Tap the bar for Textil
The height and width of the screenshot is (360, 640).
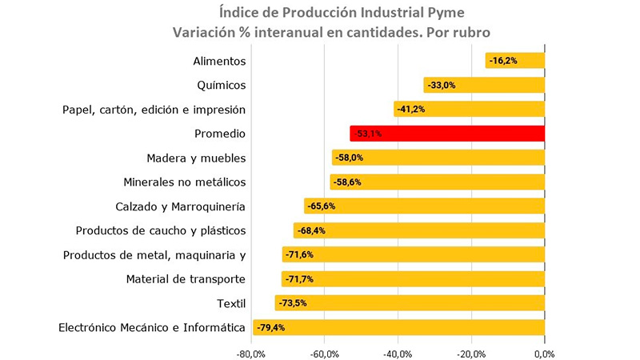coord(410,303)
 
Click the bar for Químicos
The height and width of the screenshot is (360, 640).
coord(484,85)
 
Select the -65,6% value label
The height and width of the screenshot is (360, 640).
coord(322,206)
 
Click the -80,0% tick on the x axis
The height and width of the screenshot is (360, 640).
coord(251,353)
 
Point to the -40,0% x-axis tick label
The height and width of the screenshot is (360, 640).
coord(398,353)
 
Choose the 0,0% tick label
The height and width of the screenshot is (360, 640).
coord(544,353)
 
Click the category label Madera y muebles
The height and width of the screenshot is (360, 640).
coord(196,158)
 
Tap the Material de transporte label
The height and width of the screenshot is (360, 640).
coord(186,279)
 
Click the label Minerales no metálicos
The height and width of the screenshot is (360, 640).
coord(185,182)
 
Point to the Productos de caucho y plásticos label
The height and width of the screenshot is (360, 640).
coord(161,230)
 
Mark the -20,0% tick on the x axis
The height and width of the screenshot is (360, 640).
coord(470,353)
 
